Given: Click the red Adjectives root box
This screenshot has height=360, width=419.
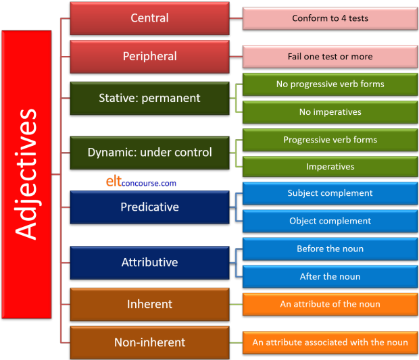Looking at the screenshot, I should pos(26,174).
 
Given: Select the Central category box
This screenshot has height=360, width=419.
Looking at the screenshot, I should pos(149,18).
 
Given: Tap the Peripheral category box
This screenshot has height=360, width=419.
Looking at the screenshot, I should pos(149,57).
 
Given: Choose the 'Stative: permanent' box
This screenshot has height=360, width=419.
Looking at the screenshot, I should pos(149,98).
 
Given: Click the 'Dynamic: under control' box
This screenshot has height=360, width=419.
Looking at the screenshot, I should pos(149,153).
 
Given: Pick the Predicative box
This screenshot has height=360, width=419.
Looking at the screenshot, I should pos(149,207).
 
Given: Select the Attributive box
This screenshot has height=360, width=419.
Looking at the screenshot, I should pos(149,262).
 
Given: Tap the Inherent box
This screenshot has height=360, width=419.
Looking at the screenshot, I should pos(149,304).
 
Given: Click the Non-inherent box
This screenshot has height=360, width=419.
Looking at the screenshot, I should pos(149,342).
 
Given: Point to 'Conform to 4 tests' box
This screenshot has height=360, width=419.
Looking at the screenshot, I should pos(330,18).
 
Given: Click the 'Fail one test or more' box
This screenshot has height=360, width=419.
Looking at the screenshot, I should pos(330,57).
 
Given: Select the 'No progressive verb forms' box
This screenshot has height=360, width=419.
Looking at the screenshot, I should pos(330,84).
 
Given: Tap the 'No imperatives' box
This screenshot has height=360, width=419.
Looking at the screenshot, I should pos(330,112).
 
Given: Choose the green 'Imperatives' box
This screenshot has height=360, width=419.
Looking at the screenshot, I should pos(330,167).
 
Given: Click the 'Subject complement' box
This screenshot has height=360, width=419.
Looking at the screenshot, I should pos(330,193).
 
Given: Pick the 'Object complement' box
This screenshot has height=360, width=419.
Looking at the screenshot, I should pos(330,221).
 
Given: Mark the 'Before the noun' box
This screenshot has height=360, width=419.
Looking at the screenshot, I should pos(330,249).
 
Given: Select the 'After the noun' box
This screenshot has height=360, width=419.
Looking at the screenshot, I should pos(330,276).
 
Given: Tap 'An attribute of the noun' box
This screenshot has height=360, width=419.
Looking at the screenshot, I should pos(330,304).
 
